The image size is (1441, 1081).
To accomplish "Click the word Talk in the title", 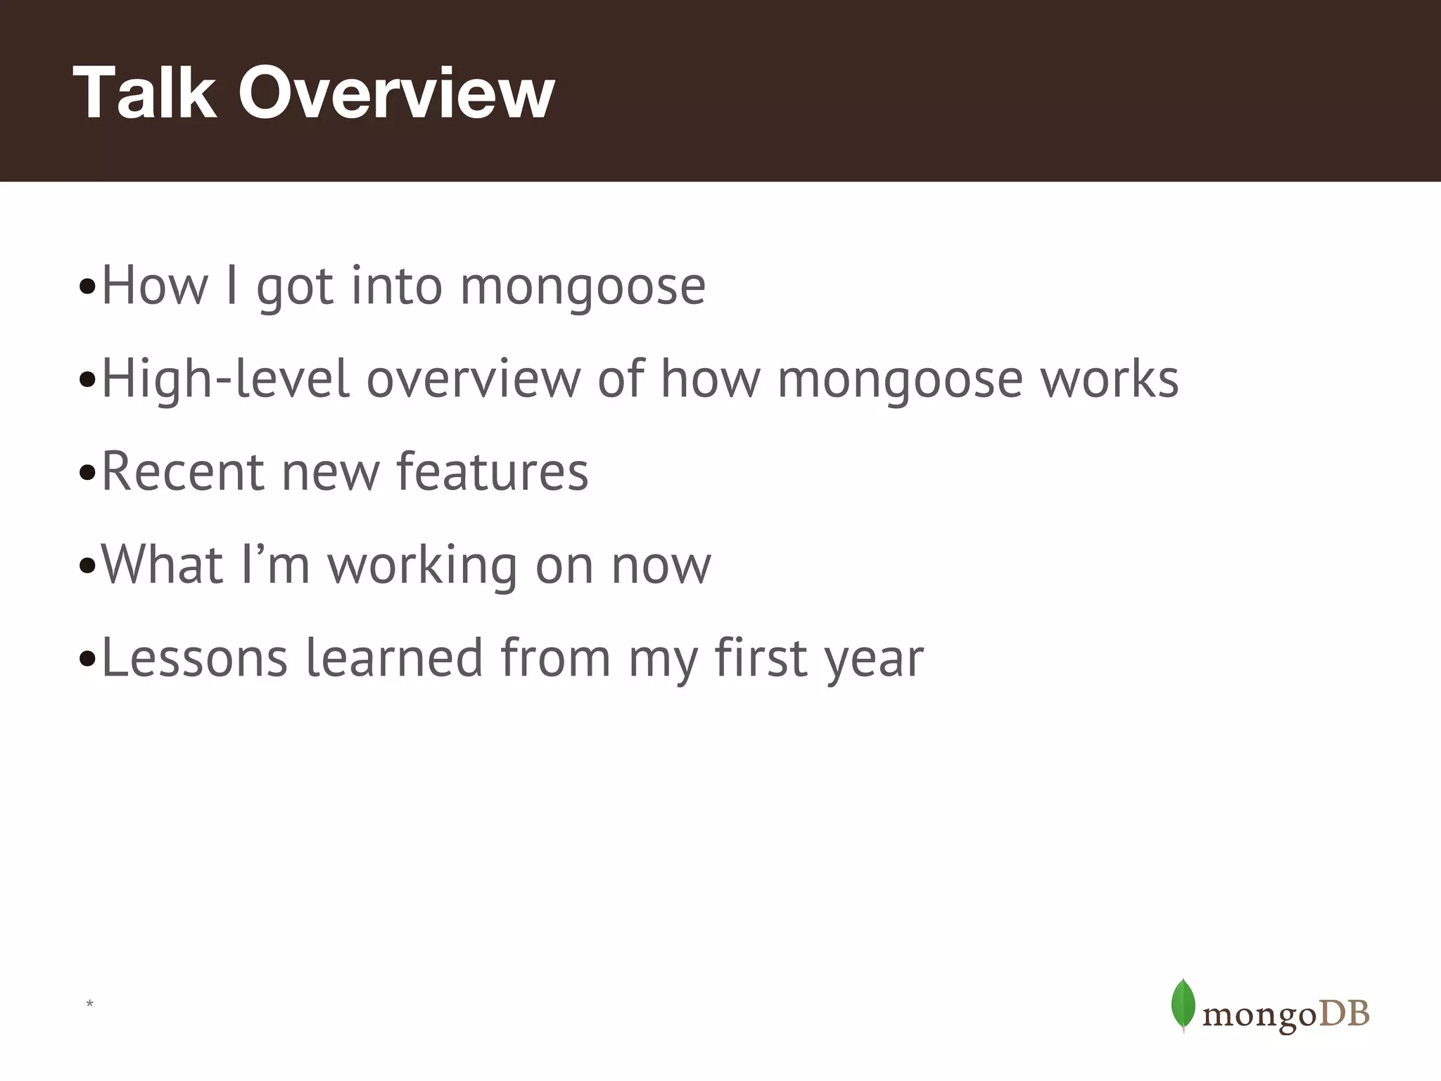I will coord(144,93).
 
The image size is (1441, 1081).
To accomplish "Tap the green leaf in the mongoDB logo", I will coord(1183,1005).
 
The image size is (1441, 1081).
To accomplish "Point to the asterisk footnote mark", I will coord(89,1004).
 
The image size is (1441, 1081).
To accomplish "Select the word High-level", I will coord(225,379).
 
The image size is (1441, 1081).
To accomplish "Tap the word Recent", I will coord(183,472).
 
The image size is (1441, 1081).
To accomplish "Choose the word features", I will coord(492,472).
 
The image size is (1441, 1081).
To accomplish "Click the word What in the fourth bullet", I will coord(162,564).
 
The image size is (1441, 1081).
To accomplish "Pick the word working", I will coord(422,564).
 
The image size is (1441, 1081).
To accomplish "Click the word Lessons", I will coord(194,658).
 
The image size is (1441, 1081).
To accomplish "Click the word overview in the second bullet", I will coord(473,379).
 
